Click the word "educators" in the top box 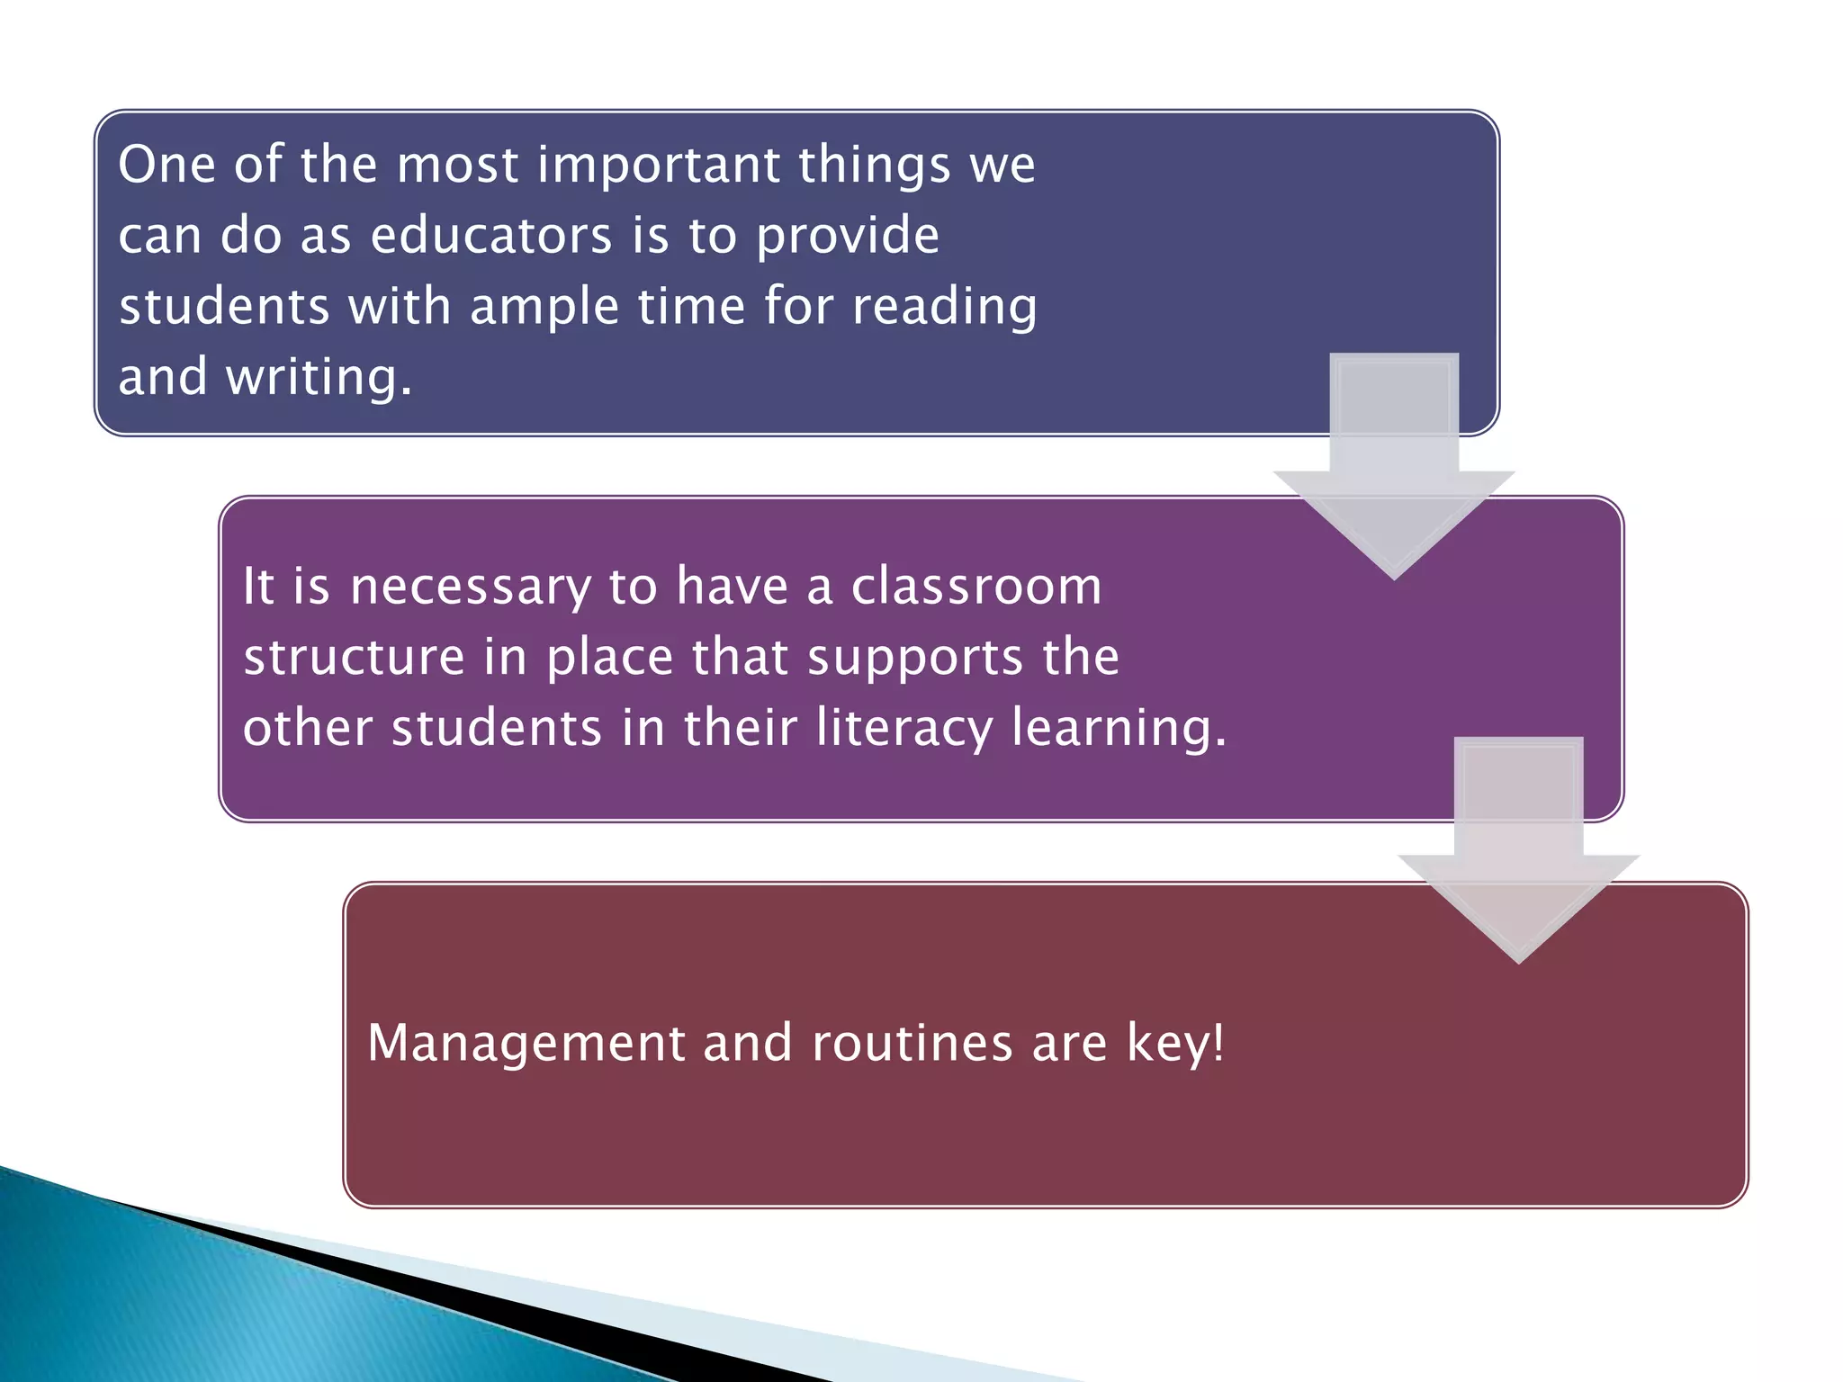point(491,236)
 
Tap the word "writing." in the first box point(319,377)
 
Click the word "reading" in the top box point(944,308)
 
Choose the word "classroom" point(976,587)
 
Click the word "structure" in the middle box point(354,657)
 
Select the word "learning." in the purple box point(1119,729)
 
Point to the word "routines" point(913,1044)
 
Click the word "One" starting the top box point(166,166)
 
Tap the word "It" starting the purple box point(258,588)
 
